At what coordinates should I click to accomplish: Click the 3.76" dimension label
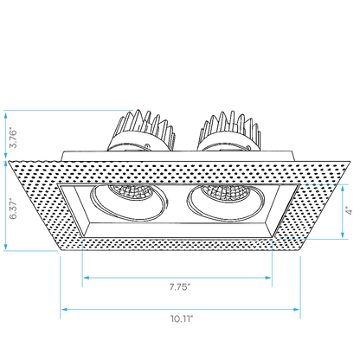pyautogui.click(x=13, y=137)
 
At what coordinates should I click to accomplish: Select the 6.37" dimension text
pyautogui.click(x=13, y=209)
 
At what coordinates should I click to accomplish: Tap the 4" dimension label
pyautogui.click(x=350, y=210)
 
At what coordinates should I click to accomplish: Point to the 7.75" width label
pyautogui.click(x=180, y=287)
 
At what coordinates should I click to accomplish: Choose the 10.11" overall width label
pyautogui.click(x=182, y=318)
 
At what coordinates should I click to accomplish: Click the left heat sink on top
pyautogui.click(x=141, y=131)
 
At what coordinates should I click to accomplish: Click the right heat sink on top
pyautogui.click(x=229, y=131)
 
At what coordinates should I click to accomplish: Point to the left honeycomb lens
pyautogui.click(x=132, y=192)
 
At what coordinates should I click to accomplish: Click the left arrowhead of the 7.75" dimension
pyautogui.click(x=86, y=278)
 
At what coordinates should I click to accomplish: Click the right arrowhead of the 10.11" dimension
pyautogui.click(x=297, y=310)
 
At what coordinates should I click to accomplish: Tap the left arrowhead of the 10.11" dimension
pyautogui.click(x=64, y=310)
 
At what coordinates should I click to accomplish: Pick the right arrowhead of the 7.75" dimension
pyautogui.click(x=268, y=278)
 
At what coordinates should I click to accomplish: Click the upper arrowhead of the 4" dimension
pyautogui.click(x=343, y=189)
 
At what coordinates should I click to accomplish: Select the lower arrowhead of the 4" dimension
pyautogui.click(x=343, y=235)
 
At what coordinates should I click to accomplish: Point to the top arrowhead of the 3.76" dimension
pyautogui.click(x=5, y=115)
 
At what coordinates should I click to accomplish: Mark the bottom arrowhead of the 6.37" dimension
pyautogui.click(x=5, y=247)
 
